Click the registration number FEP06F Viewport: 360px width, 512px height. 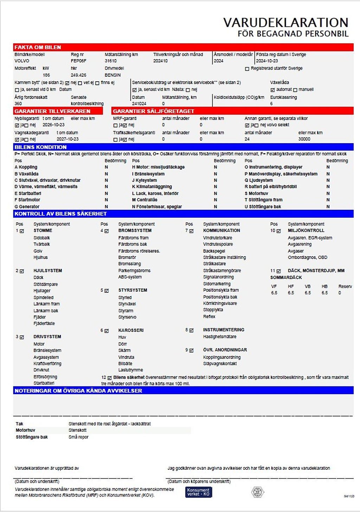point(78,61)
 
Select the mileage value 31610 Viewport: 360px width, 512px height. point(111,61)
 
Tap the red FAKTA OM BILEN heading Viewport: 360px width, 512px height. point(38,47)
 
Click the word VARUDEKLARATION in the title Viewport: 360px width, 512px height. point(285,23)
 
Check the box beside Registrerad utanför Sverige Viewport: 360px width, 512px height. point(247,69)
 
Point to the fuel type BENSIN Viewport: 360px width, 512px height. point(112,75)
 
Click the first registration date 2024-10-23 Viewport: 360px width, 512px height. point(267,61)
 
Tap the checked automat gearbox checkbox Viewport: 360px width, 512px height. point(272,90)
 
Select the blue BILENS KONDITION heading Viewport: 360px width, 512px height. point(40,147)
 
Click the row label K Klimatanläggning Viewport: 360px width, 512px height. point(152,187)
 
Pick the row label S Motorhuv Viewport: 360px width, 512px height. point(256,193)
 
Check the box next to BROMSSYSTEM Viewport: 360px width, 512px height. point(107,231)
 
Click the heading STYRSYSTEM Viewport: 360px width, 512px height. point(133,290)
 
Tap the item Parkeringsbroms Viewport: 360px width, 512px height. point(134,271)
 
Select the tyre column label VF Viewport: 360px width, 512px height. point(274,286)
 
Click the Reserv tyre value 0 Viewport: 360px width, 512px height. point(340,293)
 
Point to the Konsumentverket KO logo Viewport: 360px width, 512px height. point(198,492)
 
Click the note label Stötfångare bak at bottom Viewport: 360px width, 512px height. point(32,437)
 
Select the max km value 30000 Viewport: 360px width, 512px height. point(304,139)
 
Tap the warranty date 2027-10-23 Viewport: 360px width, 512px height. point(67,139)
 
